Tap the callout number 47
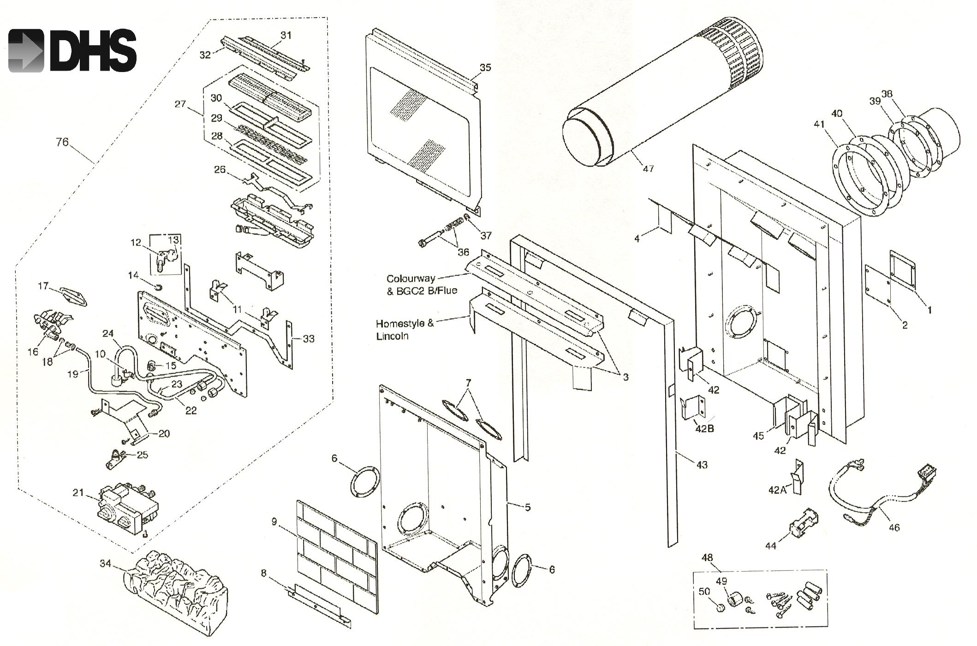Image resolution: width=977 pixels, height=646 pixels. pos(648,169)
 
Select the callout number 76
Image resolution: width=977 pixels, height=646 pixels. pos(62,142)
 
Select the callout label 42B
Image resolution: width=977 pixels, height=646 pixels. pos(704,428)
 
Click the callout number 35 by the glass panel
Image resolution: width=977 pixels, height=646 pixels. pos(485,67)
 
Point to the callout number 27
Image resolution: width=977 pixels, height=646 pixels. pos(180,104)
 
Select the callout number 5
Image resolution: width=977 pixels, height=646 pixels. pos(528,507)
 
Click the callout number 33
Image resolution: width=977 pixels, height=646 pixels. pos(309,338)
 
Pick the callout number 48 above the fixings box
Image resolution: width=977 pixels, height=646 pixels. pos(707,558)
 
